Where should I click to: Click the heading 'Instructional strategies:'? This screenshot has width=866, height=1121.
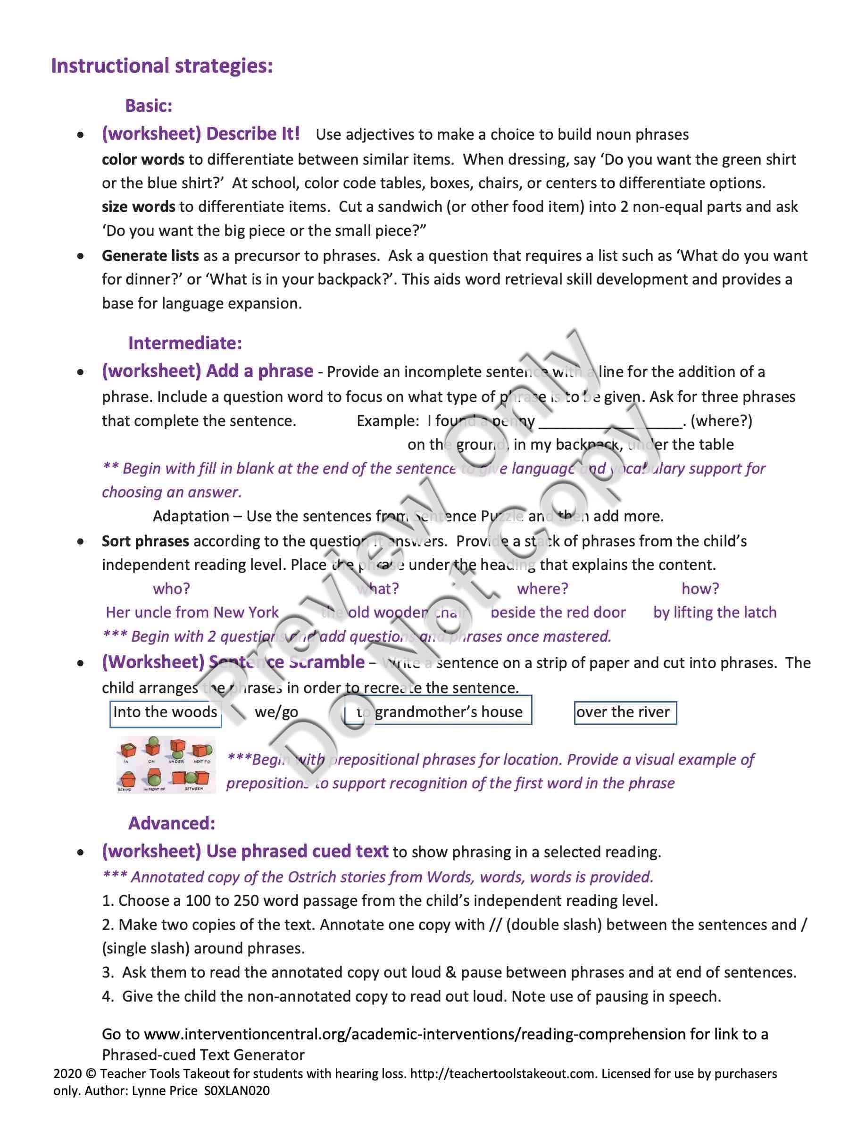click(162, 66)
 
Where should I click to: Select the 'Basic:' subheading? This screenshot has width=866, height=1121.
click(149, 106)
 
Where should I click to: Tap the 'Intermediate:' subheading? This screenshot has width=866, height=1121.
click(185, 343)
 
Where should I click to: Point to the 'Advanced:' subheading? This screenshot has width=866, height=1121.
click(171, 823)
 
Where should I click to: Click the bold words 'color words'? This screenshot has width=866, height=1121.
click(142, 159)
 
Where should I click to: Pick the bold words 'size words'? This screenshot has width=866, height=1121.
click(138, 207)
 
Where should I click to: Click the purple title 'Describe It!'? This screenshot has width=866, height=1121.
click(252, 134)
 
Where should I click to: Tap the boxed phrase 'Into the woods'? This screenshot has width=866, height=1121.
click(165, 712)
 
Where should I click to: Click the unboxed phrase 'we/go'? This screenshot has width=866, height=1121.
click(276, 712)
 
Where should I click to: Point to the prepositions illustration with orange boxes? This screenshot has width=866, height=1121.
click(166, 765)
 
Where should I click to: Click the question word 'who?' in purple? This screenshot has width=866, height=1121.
click(171, 588)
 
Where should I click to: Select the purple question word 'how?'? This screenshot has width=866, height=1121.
click(700, 588)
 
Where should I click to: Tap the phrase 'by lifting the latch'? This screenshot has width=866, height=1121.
click(715, 612)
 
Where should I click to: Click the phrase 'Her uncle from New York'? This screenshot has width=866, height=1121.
click(192, 612)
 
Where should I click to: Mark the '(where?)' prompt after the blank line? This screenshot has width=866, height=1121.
click(721, 421)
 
